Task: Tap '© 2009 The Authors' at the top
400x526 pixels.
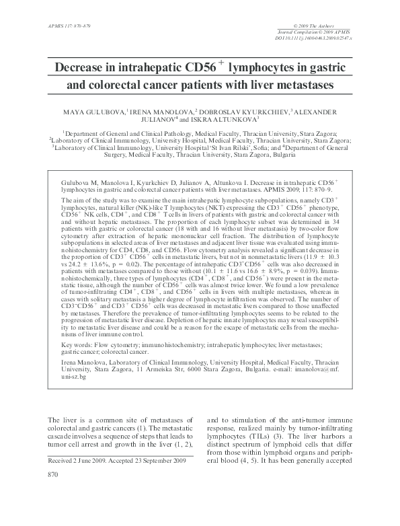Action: tap(333, 25)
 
